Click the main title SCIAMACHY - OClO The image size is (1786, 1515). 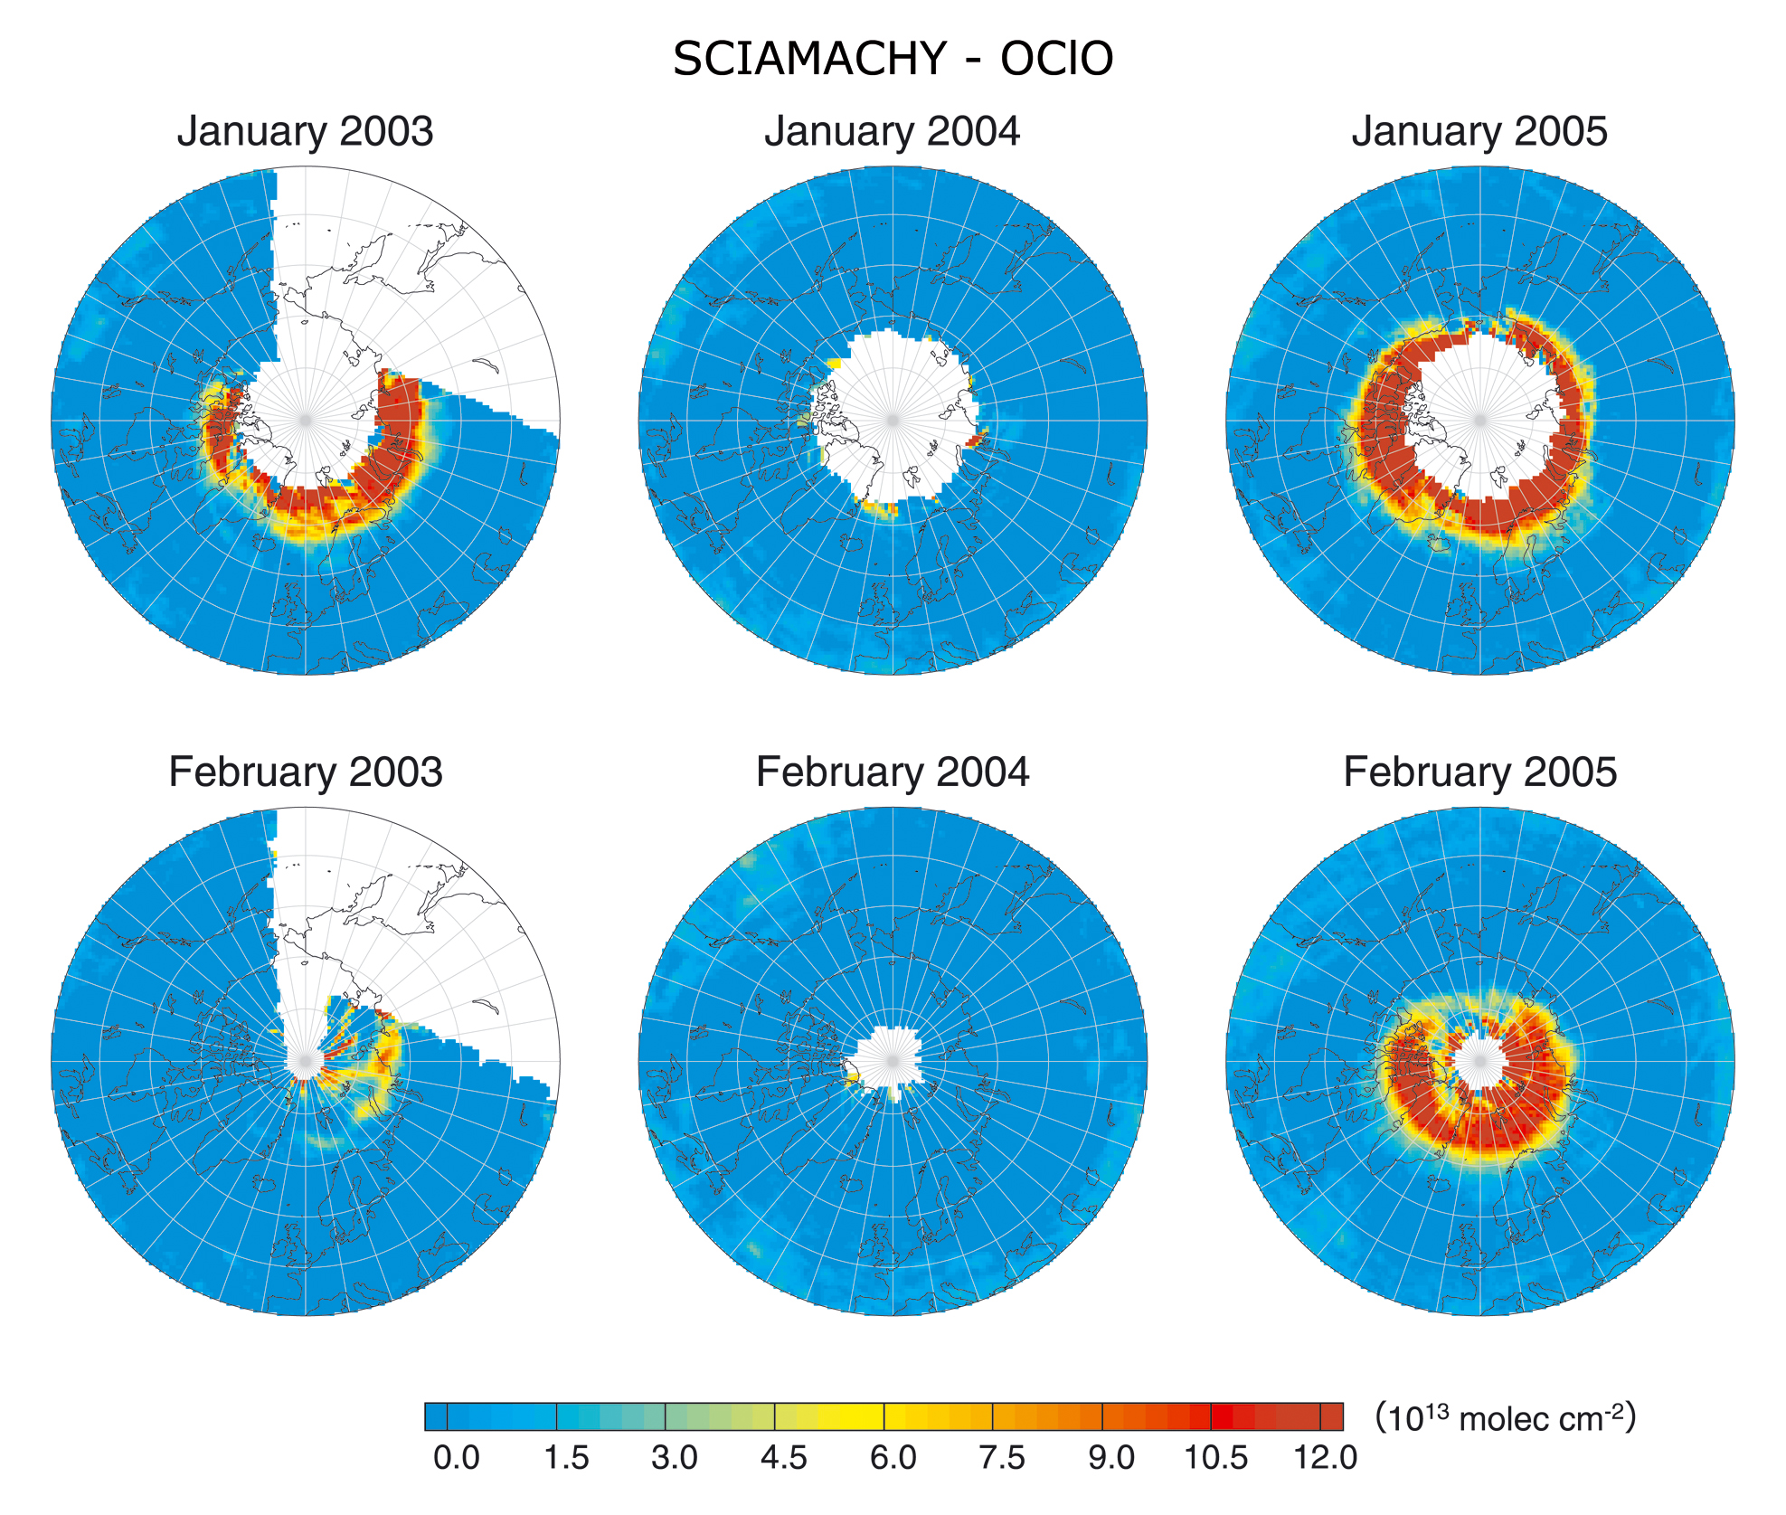pyautogui.click(x=893, y=60)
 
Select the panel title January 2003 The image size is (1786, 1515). pyautogui.click(x=305, y=132)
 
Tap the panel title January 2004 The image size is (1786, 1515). pyautogui.click(x=893, y=132)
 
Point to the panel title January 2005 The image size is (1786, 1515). pyautogui.click(x=1479, y=132)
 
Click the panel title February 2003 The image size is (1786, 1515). pyautogui.click(x=305, y=773)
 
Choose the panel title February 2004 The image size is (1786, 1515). pyautogui.click(x=893, y=773)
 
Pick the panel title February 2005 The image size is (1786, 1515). pyautogui.click(x=1479, y=773)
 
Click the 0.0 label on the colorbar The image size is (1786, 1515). pyautogui.click(x=457, y=1458)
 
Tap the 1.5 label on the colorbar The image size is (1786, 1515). pyautogui.click(x=566, y=1458)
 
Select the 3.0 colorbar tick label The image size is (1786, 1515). pyautogui.click(x=675, y=1458)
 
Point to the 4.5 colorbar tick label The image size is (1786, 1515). pyautogui.click(x=784, y=1458)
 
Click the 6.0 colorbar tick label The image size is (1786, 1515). pyautogui.click(x=893, y=1458)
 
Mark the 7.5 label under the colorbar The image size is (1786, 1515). pyautogui.click(x=1002, y=1458)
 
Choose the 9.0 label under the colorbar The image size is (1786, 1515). pyautogui.click(x=1111, y=1458)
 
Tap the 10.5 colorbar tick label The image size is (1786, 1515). pyautogui.click(x=1216, y=1458)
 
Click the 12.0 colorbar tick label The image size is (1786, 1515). pyautogui.click(x=1326, y=1458)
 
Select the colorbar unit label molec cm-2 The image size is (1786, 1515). pyautogui.click(x=1506, y=1418)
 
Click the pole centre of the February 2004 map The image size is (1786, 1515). pyautogui.click(x=893, y=1061)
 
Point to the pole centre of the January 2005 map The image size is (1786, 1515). pyautogui.click(x=1480, y=421)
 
